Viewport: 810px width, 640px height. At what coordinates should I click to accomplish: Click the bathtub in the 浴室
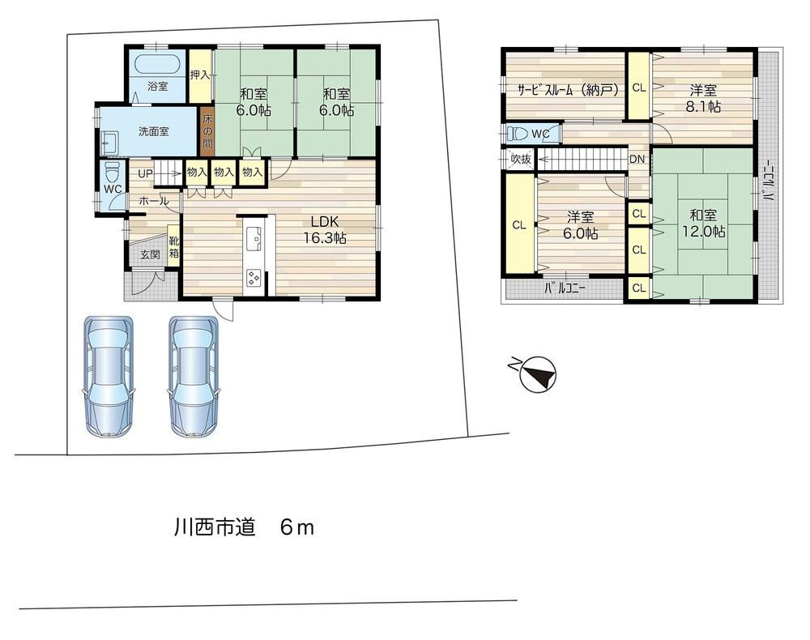click(x=157, y=65)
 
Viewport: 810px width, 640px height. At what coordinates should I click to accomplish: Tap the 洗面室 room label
click(x=153, y=132)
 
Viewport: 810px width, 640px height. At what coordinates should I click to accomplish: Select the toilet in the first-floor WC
click(x=112, y=171)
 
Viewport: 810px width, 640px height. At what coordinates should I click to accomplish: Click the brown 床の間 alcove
click(x=207, y=131)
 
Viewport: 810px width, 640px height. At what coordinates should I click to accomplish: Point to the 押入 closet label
click(x=200, y=75)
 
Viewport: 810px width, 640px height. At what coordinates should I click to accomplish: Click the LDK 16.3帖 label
click(x=325, y=230)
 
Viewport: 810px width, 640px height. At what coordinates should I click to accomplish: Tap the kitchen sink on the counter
click(x=254, y=239)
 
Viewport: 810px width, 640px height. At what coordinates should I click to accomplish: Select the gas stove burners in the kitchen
click(x=254, y=278)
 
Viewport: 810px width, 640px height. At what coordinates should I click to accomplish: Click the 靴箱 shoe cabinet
click(x=173, y=246)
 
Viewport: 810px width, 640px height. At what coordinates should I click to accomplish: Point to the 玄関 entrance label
click(x=150, y=254)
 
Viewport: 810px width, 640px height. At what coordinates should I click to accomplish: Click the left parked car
click(x=108, y=377)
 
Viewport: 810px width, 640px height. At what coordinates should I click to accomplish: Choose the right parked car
click(x=194, y=377)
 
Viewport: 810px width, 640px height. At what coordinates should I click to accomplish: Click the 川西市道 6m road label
click(x=244, y=527)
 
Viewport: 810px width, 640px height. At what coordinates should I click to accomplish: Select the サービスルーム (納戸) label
click(x=569, y=91)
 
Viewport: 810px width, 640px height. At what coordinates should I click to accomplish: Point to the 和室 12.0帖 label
click(x=703, y=223)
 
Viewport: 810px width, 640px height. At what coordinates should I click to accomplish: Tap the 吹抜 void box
click(x=521, y=159)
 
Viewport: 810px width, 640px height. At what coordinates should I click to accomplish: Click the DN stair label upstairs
click(x=637, y=159)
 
